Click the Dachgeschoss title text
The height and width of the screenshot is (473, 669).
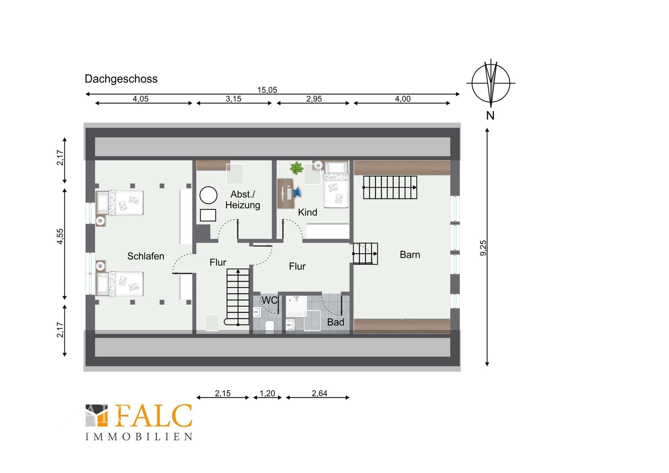121,79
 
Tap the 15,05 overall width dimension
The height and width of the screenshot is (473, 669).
267,90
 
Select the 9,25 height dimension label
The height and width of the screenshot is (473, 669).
483,248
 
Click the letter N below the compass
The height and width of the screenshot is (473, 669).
490,115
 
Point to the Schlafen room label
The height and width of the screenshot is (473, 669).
146,256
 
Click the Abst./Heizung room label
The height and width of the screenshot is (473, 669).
243,199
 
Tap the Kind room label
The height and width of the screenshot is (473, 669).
307,212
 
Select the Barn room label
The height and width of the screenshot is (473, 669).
410,255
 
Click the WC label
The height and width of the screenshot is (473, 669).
270,300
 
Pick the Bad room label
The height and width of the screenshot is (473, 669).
336,322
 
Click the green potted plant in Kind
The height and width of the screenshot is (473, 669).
297,168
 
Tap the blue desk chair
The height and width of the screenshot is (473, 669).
297,192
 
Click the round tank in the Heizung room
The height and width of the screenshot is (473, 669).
208,195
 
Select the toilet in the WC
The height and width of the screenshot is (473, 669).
270,327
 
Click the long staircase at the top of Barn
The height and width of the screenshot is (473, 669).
390,188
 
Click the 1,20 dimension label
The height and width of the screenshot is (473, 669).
267,393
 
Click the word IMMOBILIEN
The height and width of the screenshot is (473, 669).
139,437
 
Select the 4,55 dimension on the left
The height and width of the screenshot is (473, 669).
60,236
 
